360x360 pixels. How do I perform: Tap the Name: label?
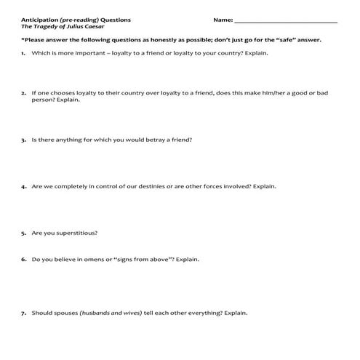(223, 18)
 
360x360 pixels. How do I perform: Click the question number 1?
(23, 54)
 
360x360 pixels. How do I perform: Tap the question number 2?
(23, 93)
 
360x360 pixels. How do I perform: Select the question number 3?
(23, 139)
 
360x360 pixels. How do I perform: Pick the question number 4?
(23, 186)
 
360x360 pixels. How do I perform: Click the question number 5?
(23, 233)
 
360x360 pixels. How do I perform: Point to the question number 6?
(23, 259)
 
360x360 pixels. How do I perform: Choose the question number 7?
(23, 313)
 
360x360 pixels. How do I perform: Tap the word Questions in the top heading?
(104, 18)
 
